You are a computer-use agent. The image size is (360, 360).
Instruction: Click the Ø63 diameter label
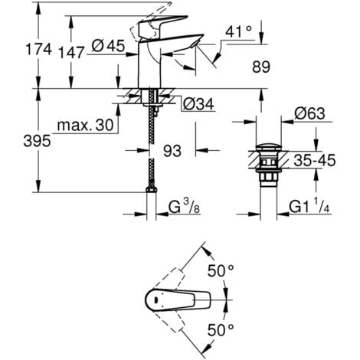pyautogui.click(x=313, y=114)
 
